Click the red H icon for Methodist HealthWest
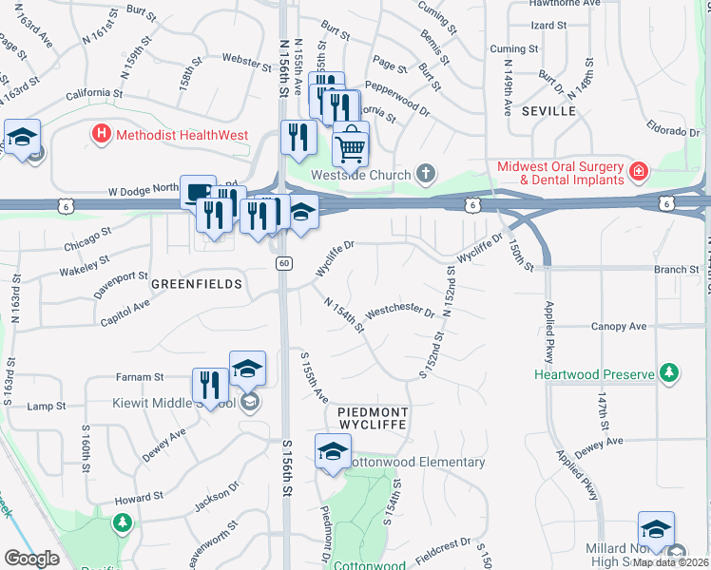[102, 135]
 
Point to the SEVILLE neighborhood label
[548, 111]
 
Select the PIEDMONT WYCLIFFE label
[373, 419]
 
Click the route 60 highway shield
[283, 262]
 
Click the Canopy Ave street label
[619, 327]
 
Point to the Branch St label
[677, 270]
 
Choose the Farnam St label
[140, 375]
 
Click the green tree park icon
[122, 522]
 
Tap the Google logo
[31, 559]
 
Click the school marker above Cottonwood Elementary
[333, 452]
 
